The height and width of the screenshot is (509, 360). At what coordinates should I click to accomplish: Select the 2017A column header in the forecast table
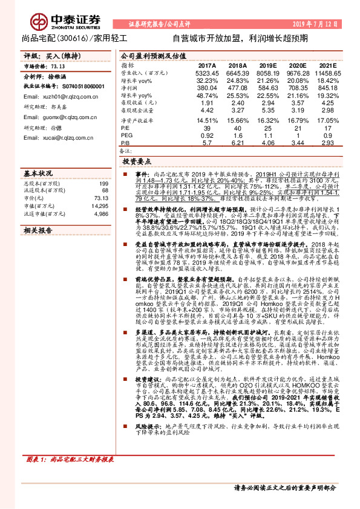[x=207, y=64]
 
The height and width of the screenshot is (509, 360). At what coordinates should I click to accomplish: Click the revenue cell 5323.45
[x=207, y=72]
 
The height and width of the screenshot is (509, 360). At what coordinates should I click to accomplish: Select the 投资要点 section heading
[x=137, y=163]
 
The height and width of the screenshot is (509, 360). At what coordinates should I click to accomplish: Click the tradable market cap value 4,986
[x=100, y=214]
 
